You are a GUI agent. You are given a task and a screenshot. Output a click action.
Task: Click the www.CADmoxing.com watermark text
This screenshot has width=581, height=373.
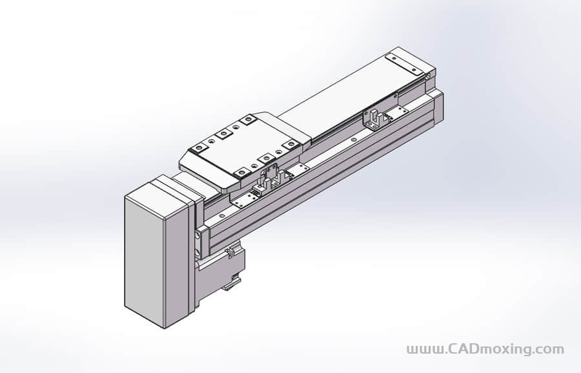[485, 350]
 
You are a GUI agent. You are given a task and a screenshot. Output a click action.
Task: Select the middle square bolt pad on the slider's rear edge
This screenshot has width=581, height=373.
[224, 134]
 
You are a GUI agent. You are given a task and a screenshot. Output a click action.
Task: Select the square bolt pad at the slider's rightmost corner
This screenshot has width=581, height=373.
[291, 144]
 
